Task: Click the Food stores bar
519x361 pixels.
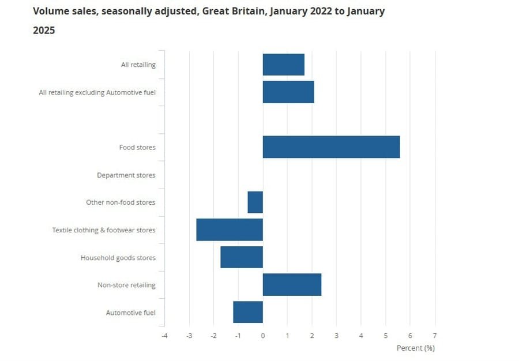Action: pyautogui.click(x=331, y=147)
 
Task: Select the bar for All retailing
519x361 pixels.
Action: pyautogui.click(x=283, y=65)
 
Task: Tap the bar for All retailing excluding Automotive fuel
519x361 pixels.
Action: pyautogui.click(x=288, y=92)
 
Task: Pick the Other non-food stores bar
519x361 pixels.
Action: pyautogui.click(x=255, y=202)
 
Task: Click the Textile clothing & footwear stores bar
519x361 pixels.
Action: pyautogui.click(x=230, y=230)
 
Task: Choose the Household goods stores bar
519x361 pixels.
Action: pyautogui.click(x=242, y=257)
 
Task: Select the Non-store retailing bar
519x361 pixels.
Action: pyautogui.click(x=292, y=285)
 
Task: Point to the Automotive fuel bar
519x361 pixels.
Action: pyautogui.click(x=248, y=312)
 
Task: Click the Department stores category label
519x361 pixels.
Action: pyautogui.click(x=126, y=175)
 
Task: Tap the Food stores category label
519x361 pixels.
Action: pyautogui.click(x=137, y=148)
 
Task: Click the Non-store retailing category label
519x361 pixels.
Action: pyautogui.click(x=126, y=285)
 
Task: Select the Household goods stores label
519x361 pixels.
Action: pyautogui.click(x=118, y=258)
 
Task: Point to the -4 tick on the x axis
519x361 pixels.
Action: pyautogui.click(x=164, y=336)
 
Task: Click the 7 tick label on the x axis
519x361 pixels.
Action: pyautogui.click(x=435, y=336)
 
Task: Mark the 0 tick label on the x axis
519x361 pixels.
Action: pyautogui.click(x=263, y=336)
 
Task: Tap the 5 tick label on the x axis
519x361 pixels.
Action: pyautogui.click(x=386, y=336)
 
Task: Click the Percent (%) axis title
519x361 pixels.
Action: pyautogui.click(x=415, y=348)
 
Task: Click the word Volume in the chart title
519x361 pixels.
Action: pyautogui.click(x=51, y=12)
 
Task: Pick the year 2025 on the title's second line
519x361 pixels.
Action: pyautogui.click(x=44, y=31)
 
